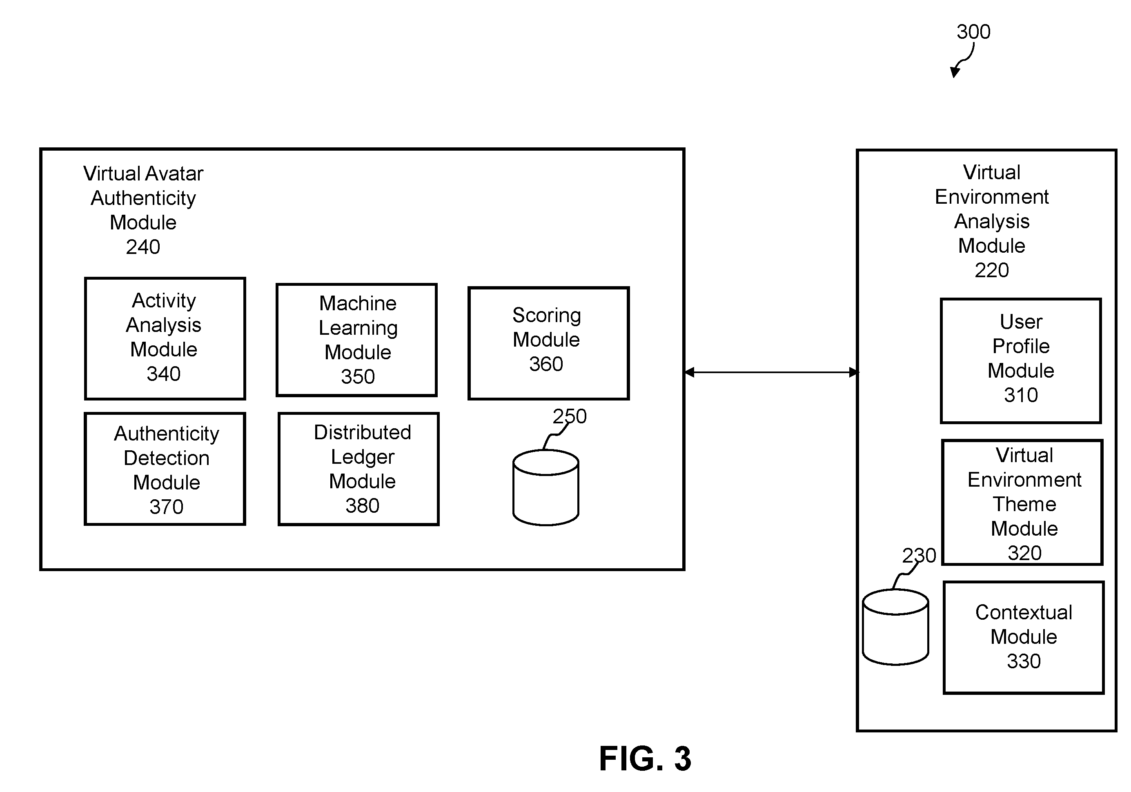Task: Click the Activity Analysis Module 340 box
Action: pyautogui.click(x=165, y=338)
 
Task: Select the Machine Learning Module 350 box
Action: pyautogui.click(x=356, y=340)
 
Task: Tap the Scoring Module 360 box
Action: pyautogui.click(x=549, y=343)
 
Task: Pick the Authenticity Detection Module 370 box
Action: pyautogui.click(x=165, y=469)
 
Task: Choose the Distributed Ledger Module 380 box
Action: pyautogui.click(x=358, y=469)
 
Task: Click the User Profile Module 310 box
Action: pyautogui.click(x=1021, y=360)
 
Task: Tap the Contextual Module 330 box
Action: pyautogui.click(x=1024, y=638)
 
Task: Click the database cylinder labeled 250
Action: pyautogui.click(x=546, y=487)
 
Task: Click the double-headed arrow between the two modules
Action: pyautogui.click(x=772, y=372)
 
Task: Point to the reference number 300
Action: pyautogui.click(x=973, y=32)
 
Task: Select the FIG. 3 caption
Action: pyautogui.click(x=645, y=759)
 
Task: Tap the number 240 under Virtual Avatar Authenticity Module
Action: pyautogui.click(x=143, y=247)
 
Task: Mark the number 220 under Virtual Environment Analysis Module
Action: pyautogui.click(x=992, y=270)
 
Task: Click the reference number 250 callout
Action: pyautogui.click(x=570, y=416)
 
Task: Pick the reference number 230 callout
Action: pyautogui.click(x=919, y=556)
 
